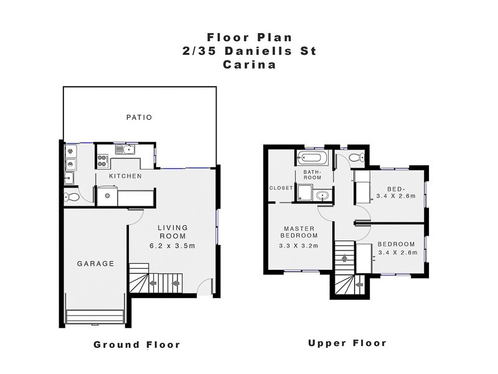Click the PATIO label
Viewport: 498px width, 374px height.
pos(139,117)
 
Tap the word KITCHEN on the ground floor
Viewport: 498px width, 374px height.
pos(126,176)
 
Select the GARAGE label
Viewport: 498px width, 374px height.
pos(95,264)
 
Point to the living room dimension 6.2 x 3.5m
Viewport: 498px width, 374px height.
pos(172,246)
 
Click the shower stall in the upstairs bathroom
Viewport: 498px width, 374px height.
pos(306,193)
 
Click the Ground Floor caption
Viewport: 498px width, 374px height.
pos(137,345)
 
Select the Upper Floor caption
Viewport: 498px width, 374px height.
pos(347,343)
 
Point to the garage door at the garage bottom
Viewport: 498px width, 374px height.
pos(96,317)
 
